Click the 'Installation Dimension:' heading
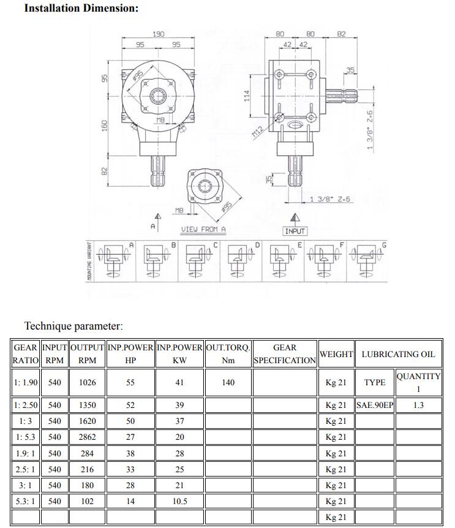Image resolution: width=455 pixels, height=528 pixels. [x=81, y=9]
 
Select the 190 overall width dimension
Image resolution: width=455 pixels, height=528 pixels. [x=158, y=34]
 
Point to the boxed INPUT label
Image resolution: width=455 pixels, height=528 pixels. [x=295, y=231]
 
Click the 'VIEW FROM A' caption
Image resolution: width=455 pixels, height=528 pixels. [x=203, y=229]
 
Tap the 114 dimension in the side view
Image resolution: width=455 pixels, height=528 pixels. [x=248, y=96]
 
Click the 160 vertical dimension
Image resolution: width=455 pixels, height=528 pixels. [x=105, y=124]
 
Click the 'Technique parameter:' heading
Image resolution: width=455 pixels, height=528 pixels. [x=73, y=326]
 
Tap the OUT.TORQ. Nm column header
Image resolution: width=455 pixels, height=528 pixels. [x=228, y=353]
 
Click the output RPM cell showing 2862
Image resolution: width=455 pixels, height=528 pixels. [x=87, y=437]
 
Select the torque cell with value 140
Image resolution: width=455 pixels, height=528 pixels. [x=228, y=382]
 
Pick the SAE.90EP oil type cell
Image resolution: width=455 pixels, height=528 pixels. [x=374, y=405]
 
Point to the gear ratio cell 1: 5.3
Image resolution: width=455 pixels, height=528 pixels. [x=26, y=437]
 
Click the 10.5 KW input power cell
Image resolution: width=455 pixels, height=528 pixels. [x=179, y=501]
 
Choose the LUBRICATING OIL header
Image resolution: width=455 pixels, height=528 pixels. [x=398, y=353]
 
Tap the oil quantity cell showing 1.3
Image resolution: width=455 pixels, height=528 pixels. [x=418, y=405]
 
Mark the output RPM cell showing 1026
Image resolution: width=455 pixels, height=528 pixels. [x=87, y=382]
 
